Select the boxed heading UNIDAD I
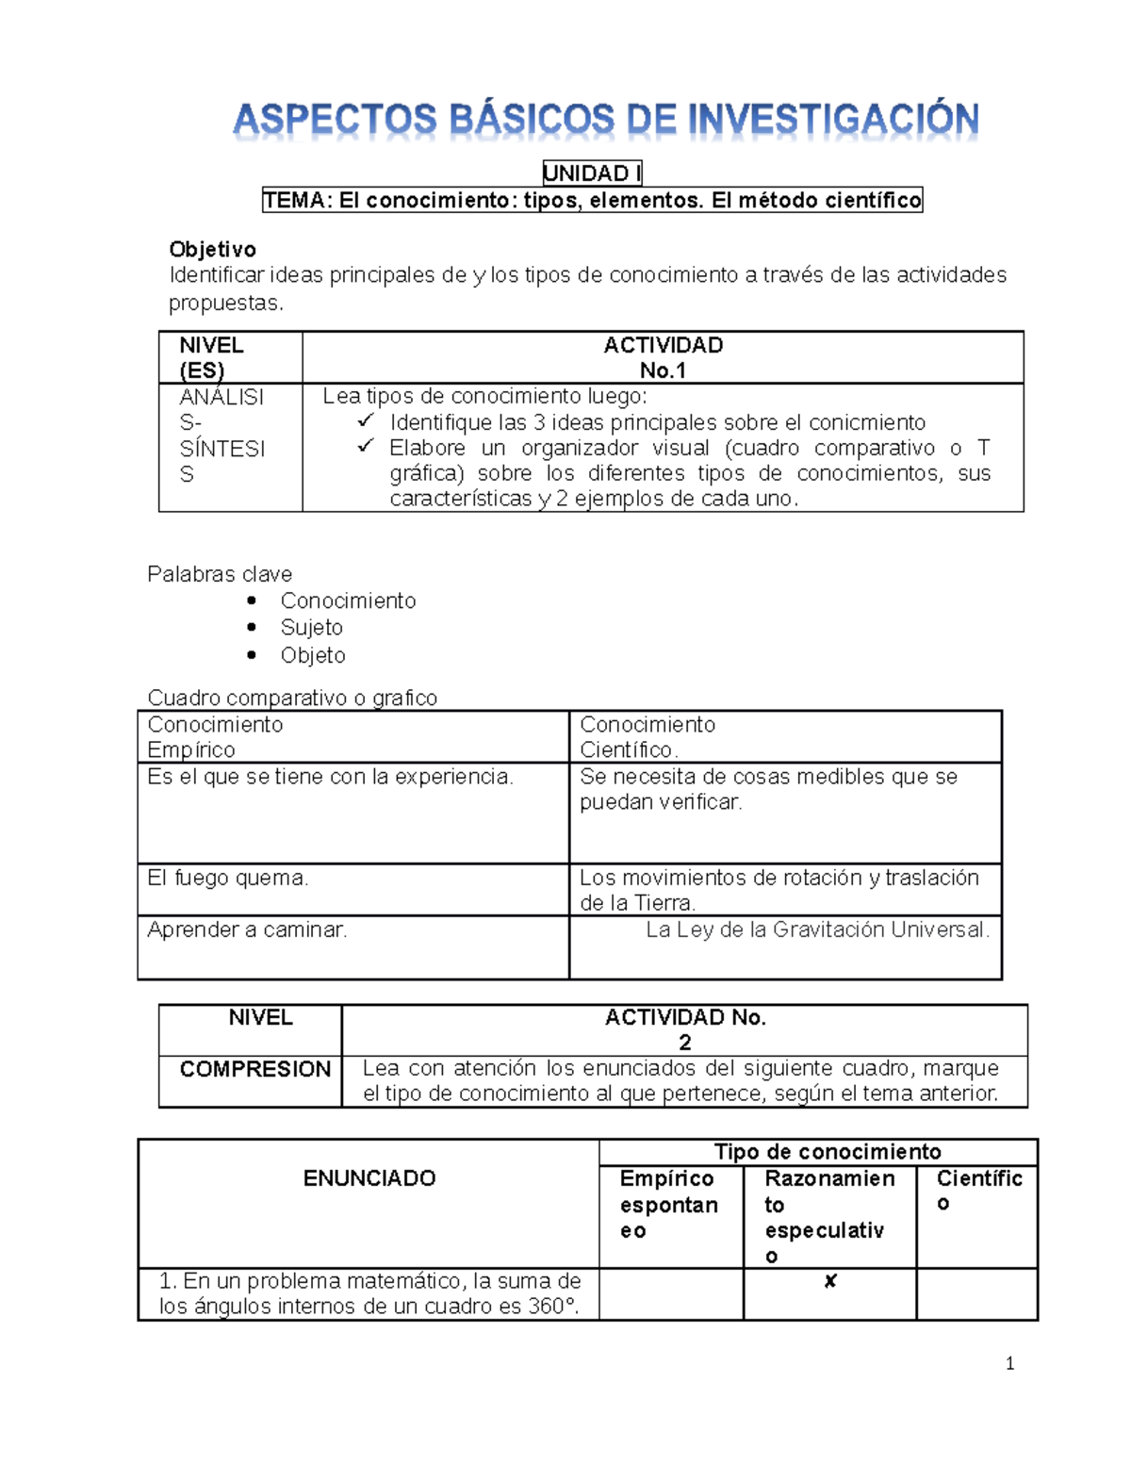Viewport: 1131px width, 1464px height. pyautogui.click(x=592, y=173)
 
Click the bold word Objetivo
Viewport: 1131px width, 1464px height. pyautogui.click(x=212, y=250)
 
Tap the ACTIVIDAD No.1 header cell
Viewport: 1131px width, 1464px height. pyautogui.click(x=663, y=357)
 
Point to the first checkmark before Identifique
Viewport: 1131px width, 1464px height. pyautogui.click(x=366, y=420)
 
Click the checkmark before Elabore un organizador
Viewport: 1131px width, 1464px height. pyautogui.click(x=366, y=446)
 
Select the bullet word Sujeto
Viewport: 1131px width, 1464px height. pyautogui.click(x=311, y=628)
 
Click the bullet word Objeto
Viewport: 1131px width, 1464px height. pyautogui.click(x=313, y=655)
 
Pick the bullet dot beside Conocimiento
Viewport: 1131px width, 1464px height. pyautogui.click(x=252, y=600)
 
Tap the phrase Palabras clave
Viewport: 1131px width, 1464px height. pyautogui.click(x=220, y=574)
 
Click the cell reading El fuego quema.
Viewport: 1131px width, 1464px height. pyautogui.click(x=228, y=879)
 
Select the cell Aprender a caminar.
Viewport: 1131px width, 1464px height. pyautogui.click(x=247, y=930)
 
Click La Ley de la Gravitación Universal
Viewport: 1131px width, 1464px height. pyautogui.click(x=817, y=930)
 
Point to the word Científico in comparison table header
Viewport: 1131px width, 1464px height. pyautogui.click(x=628, y=750)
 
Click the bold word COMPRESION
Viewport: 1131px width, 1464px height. pyautogui.click(x=254, y=1069)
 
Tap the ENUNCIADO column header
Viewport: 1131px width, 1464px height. pyautogui.click(x=369, y=1178)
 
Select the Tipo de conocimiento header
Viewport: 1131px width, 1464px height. pyautogui.click(x=828, y=1152)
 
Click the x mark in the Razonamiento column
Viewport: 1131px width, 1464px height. pyautogui.click(x=830, y=1281)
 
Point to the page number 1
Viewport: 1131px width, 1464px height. pyautogui.click(x=1009, y=1364)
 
